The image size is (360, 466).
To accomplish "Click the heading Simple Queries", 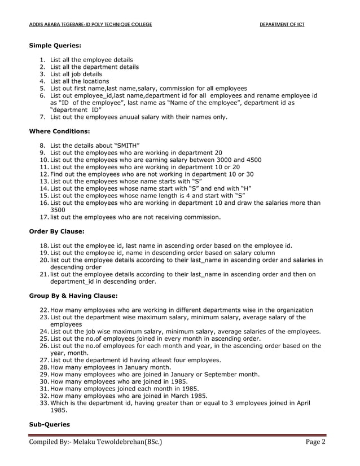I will [x=55, y=45].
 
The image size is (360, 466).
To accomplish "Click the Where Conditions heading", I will [x=59, y=131].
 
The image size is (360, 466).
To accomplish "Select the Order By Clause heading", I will [x=56, y=231].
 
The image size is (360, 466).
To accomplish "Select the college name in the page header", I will [x=90, y=25].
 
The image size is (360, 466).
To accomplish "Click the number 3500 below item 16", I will [x=58, y=209].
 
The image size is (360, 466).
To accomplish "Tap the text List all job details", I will [x=76, y=74].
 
